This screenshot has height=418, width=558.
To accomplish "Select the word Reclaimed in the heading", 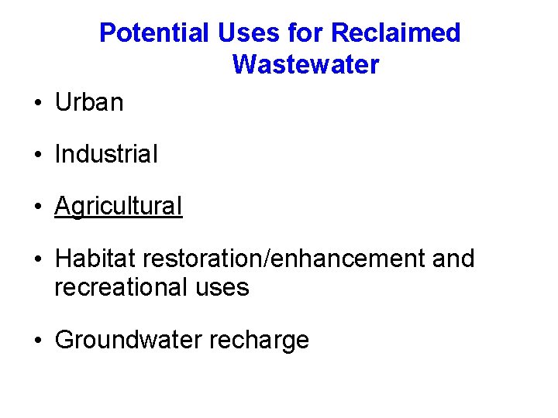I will (395, 33).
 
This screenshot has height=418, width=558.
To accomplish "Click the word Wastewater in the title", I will (305, 65).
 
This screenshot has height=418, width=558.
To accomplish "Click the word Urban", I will (89, 102).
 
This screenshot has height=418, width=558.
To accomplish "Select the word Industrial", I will (106, 154).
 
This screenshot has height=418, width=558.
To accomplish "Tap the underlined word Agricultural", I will (119, 207).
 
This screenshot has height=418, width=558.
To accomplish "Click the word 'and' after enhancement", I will (453, 259).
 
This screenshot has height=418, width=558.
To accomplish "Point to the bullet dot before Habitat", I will (38, 259).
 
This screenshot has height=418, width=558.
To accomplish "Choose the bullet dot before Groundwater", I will (38, 341).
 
